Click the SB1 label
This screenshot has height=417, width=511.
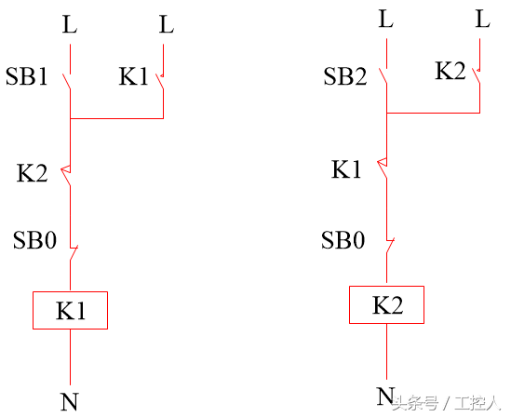tap(27, 76)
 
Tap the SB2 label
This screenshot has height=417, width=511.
tap(345, 76)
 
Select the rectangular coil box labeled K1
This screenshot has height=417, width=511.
tap(70, 310)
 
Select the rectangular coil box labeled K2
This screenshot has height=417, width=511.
tap(386, 304)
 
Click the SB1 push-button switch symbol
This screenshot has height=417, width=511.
tap(67, 81)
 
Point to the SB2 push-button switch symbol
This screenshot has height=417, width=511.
tap(383, 75)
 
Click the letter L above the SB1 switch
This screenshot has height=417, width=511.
tap(70, 24)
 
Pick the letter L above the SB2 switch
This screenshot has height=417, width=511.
tap(386, 19)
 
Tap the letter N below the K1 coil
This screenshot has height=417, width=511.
tap(70, 401)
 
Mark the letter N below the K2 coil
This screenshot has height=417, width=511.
tap(386, 396)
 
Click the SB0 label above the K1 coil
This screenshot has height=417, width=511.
tap(34, 240)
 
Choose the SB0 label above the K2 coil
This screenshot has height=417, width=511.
tap(343, 240)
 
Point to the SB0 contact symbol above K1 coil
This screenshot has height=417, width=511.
tap(74, 253)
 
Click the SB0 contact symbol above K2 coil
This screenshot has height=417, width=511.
tap(390, 246)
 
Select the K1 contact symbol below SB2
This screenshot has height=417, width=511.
tap(383, 168)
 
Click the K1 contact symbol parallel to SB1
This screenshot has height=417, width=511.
tap(160, 81)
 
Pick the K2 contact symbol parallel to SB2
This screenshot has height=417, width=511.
tap(477, 75)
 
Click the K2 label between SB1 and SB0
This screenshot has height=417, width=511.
tap(33, 173)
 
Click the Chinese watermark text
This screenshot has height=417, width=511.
tap(446, 404)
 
